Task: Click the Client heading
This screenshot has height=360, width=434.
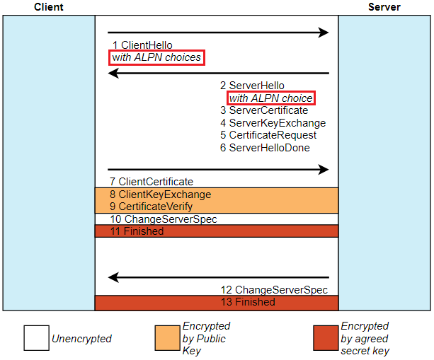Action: tap(48, 7)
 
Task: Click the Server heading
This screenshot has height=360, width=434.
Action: tap(384, 7)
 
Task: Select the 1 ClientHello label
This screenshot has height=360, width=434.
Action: tap(142, 45)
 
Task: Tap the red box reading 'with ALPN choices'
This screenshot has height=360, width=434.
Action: tap(156, 57)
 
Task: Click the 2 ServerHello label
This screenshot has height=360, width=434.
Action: tap(252, 86)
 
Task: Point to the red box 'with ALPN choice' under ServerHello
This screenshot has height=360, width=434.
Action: tap(270, 98)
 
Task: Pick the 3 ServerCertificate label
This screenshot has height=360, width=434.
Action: tap(264, 110)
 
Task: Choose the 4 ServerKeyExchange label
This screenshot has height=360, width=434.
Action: tap(273, 123)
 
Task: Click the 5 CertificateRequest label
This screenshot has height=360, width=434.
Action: tap(268, 135)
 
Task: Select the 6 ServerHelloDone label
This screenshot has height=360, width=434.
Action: tap(265, 148)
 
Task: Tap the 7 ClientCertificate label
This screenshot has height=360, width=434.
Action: tap(151, 182)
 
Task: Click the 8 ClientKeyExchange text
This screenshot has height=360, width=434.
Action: tap(160, 194)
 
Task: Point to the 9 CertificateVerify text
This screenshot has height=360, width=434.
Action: tap(151, 207)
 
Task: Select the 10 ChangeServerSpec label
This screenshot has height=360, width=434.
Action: tap(163, 219)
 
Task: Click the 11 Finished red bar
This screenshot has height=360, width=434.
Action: tap(217, 231)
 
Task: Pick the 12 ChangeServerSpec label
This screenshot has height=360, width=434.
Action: tap(274, 290)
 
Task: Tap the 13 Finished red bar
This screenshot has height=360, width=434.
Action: tap(217, 303)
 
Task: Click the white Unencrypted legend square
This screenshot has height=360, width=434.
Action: tap(36, 338)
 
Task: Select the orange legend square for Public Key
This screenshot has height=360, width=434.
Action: tap(168, 338)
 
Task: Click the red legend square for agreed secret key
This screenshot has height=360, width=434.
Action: tap(326, 338)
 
